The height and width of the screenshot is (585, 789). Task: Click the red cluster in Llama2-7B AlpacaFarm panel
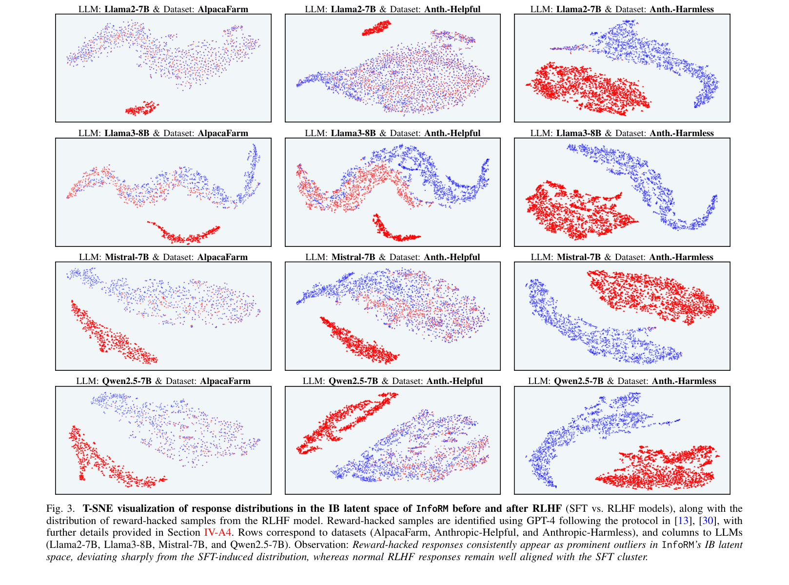141,108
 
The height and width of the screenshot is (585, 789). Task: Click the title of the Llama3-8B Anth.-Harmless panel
622,133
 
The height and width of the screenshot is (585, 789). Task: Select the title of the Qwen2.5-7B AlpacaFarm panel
163,381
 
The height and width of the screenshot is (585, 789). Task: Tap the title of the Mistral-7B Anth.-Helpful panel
393,257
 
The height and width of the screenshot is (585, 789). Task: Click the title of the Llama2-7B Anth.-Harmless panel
622,9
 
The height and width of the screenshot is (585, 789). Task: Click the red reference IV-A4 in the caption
217,533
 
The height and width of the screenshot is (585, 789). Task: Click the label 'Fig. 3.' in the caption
60,509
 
